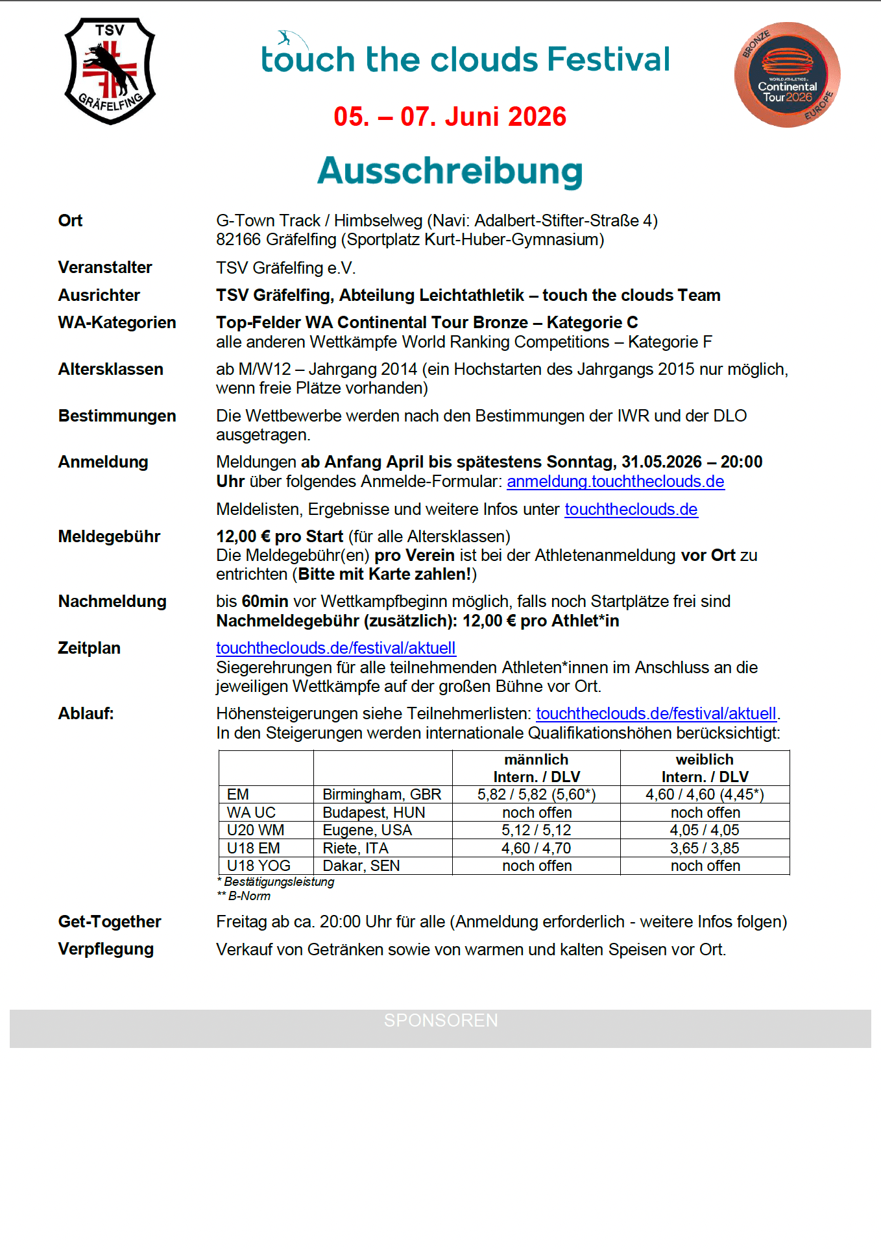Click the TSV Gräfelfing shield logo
pos(110,71)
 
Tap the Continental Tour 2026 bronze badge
pos(787,75)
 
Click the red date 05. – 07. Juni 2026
pos(450,117)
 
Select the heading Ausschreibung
pos(450,171)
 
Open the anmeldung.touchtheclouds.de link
pos(615,481)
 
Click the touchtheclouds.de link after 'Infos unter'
pos(631,509)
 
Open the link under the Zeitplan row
pos(335,648)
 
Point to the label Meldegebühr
pos(109,536)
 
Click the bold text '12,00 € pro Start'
pos(280,536)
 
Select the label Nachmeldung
pos(112,601)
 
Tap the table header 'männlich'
pos(536,759)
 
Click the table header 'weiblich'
pos(705,759)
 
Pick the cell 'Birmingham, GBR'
pos(381,794)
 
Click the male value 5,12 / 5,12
pos(536,830)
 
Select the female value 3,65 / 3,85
pos(705,848)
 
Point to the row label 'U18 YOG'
pos(258,866)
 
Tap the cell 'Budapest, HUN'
pos(374,813)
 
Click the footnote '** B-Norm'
pos(244,896)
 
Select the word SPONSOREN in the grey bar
pos(440,1020)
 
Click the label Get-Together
pos(110,922)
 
